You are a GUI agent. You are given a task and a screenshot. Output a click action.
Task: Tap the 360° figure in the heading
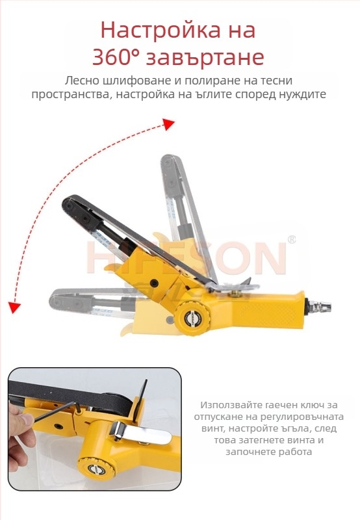116,57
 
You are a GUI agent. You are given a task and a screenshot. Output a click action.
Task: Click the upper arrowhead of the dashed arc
168,123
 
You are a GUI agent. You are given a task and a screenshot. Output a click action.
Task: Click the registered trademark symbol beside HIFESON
292,240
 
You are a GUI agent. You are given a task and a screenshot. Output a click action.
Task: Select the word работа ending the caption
290,451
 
